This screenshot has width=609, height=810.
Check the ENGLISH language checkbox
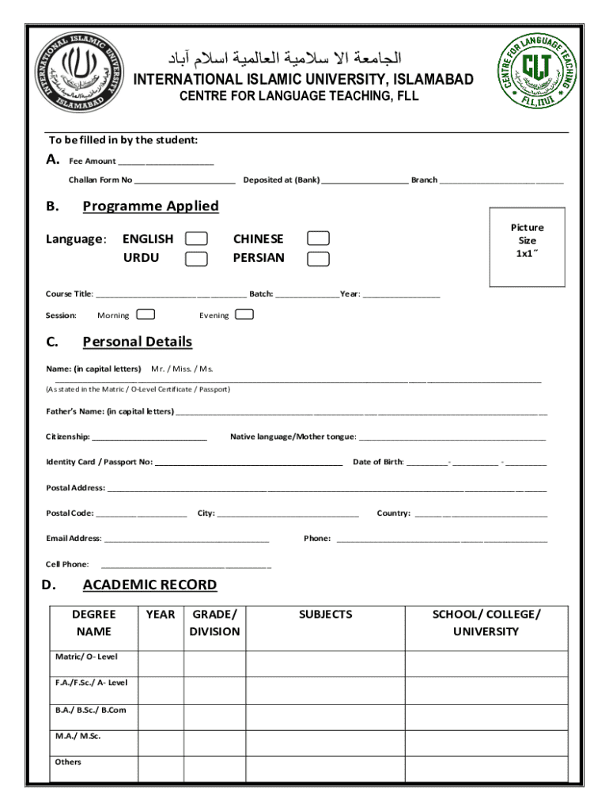point(196,239)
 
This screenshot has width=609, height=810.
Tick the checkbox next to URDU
point(196,258)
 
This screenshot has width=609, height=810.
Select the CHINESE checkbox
point(318,239)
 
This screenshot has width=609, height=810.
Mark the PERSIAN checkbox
point(318,258)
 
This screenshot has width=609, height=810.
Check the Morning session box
point(146,315)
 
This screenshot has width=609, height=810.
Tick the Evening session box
point(245,315)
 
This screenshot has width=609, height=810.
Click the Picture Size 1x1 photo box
point(528,247)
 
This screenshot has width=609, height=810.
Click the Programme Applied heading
point(150,206)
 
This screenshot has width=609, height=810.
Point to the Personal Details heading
point(137,342)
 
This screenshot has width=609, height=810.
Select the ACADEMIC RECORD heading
point(149,585)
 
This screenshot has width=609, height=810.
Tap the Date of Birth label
point(378,462)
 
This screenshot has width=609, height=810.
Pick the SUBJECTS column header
point(325,615)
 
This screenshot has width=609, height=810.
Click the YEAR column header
point(161,615)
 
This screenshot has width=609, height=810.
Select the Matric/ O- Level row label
point(85,657)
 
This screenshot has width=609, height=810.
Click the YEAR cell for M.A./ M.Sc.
point(161,742)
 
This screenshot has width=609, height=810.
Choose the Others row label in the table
point(68,763)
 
